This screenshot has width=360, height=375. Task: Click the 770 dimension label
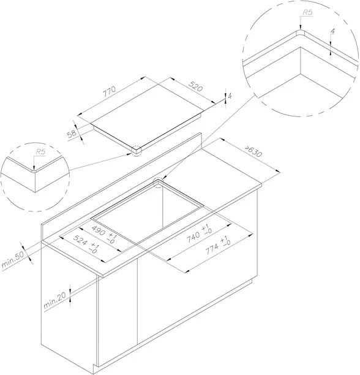tap(110, 91)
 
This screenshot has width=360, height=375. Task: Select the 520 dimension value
tap(196, 86)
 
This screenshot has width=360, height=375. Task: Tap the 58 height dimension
tap(72, 134)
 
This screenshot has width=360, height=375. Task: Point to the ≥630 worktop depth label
tap(253, 151)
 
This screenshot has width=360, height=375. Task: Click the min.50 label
tap(13, 259)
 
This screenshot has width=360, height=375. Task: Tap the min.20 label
tap(54, 301)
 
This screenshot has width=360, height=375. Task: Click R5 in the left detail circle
tap(40, 152)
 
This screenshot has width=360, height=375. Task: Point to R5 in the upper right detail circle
tap(308, 12)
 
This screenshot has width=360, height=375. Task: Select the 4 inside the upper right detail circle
tap(333, 31)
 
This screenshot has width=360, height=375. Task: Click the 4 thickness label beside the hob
tap(230, 96)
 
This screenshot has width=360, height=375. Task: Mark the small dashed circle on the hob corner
tap(137, 151)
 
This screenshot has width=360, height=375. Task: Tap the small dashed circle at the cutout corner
tap(158, 183)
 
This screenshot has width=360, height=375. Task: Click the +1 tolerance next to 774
tap(223, 240)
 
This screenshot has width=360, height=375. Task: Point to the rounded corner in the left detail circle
tap(34, 172)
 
